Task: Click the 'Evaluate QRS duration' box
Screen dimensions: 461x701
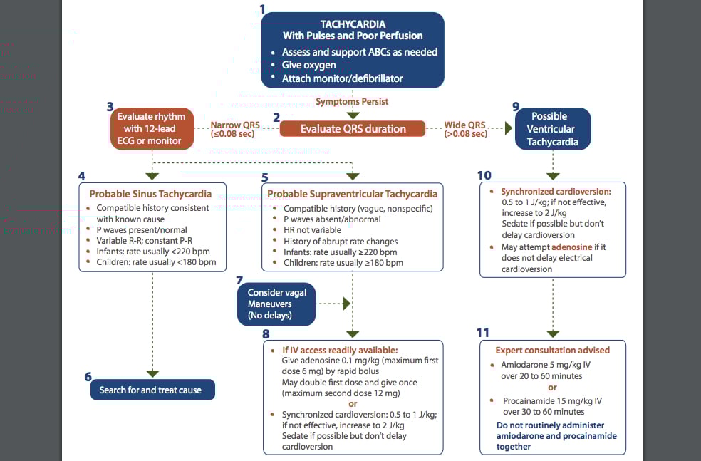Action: pos(353,129)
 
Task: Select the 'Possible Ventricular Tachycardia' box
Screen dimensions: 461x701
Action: pos(552,129)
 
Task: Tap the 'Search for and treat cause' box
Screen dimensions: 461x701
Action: pos(150,390)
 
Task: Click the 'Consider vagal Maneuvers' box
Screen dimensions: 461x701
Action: pos(276,304)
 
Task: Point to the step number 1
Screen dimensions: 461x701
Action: pos(263,10)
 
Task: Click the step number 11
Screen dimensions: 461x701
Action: pos(483,333)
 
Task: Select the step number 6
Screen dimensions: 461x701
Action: pos(88,375)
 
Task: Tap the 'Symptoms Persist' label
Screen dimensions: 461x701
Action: pos(353,102)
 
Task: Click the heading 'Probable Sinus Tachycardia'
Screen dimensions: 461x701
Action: pos(150,194)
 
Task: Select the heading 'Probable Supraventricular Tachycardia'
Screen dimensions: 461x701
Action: pos(353,194)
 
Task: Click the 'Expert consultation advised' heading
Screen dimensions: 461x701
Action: pos(552,350)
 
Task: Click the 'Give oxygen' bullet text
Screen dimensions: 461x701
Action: pos(309,65)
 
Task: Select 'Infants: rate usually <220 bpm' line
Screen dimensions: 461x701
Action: pos(153,252)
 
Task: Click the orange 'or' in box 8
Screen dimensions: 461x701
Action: pos(353,403)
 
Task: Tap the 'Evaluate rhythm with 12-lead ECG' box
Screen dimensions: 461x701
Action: pos(151,129)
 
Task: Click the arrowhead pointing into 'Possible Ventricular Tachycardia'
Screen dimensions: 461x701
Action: pos(509,129)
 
